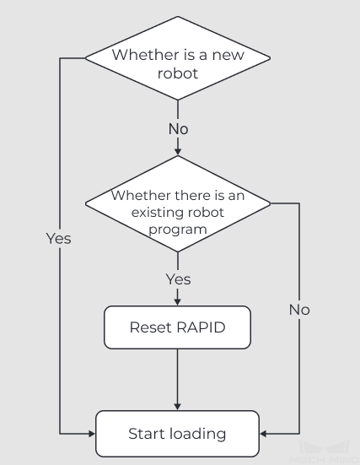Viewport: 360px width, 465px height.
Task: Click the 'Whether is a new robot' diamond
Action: tap(178, 58)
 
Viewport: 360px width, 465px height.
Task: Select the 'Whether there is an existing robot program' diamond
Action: tap(178, 203)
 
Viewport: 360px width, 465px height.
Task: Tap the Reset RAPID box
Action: tap(178, 327)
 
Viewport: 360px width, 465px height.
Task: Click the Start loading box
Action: tap(178, 434)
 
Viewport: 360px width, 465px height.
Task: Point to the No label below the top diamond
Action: tap(179, 129)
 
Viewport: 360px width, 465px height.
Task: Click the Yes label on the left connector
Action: tap(59, 239)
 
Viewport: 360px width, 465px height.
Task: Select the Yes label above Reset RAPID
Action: tap(179, 279)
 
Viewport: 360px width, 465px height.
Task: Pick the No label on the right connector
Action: tap(299, 310)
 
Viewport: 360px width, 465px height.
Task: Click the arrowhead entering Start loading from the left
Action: tap(92, 434)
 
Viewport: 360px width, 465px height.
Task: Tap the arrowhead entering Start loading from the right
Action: tap(263, 434)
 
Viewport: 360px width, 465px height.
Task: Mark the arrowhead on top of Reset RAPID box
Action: tap(178, 302)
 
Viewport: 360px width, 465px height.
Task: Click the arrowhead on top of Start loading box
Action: tap(178, 407)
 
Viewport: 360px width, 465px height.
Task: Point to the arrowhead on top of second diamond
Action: tap(178, 152)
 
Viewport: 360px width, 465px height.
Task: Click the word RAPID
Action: tap(201, 327)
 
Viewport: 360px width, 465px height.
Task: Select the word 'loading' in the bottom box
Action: tap(197, 434)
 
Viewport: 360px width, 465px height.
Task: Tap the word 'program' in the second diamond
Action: tap(178, 230)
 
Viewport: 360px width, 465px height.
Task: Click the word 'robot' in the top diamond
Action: tap(178, 73)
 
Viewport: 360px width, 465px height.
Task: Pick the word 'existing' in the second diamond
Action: tap(153, 213)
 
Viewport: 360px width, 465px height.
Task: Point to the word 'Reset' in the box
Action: tap(151, 327)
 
